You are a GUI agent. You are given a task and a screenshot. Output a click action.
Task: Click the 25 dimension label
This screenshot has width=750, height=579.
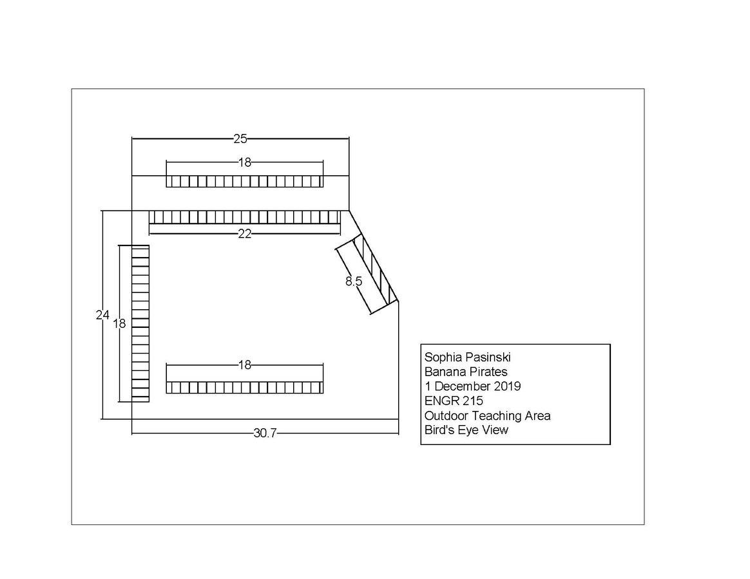tap(240, 138)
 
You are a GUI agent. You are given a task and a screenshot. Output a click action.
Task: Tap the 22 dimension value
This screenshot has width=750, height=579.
tap(244, 234)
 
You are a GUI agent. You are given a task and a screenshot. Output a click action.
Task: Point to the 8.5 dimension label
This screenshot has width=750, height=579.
tap(354, 281)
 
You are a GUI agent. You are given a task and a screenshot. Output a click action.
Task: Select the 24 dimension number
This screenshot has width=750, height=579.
tap(103, 315)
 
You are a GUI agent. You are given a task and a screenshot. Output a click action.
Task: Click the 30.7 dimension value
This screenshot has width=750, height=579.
tap(265, 433)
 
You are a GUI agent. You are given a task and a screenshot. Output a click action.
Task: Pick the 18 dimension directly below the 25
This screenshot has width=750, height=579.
tap(244, 162)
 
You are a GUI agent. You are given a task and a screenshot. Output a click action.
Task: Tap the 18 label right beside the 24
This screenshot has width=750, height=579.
tap(119, 324)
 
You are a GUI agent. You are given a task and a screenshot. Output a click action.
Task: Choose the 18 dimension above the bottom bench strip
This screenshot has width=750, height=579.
tap(244, 365)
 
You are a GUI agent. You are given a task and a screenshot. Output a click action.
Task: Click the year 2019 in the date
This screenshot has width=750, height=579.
tap(508, 386)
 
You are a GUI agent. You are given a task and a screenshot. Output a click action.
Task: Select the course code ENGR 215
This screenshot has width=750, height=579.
tap(454, 401)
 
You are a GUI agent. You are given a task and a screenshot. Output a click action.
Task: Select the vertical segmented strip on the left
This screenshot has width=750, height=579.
tap(140, 324)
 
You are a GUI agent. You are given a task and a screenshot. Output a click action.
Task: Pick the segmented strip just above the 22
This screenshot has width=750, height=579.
tap(244, 217)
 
